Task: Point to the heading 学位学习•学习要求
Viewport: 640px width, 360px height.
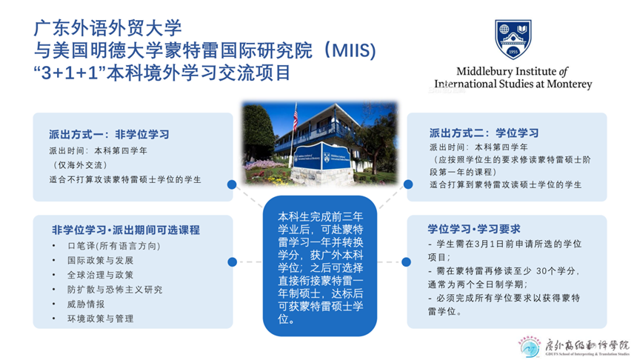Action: (473, 228)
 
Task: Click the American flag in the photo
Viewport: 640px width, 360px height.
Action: (295, 120)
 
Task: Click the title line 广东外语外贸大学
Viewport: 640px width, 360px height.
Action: (107, 28)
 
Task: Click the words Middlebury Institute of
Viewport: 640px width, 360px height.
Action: (512, 71)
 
